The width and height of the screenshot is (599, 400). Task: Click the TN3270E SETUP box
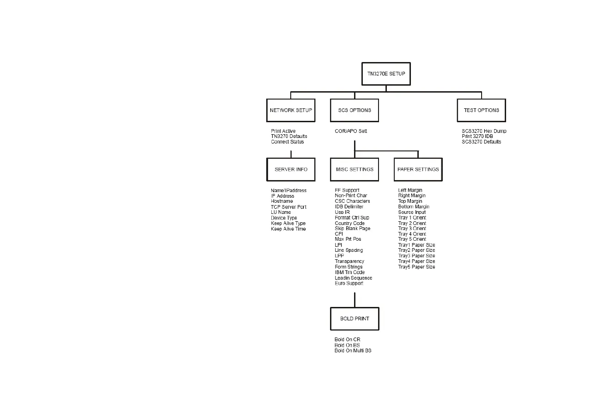coord(386,74)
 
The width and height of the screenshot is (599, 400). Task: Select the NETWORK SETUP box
coord(291,110)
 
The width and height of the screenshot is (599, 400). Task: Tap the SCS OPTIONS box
coord(355,110)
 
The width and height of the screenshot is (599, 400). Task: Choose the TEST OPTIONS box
coord(481,110)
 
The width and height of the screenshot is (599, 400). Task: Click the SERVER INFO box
coord(291,169)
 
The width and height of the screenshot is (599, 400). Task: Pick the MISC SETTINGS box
coord(354,169)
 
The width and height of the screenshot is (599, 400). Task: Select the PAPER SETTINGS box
coord(418,169)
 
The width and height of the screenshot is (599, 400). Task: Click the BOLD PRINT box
coord(355,319)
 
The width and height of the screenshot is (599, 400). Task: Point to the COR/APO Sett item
coord(351,131)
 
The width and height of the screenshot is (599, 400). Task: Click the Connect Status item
coord(287,142)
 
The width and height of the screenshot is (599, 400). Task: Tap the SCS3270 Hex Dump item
coord(484,131)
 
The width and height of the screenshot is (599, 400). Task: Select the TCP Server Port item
coord(288,207)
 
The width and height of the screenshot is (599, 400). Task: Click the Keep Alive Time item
coord(288,229)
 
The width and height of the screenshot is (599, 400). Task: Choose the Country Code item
coord(349,223)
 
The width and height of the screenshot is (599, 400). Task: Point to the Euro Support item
coord(349,283)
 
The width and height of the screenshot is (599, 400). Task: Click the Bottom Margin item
coord(414,207)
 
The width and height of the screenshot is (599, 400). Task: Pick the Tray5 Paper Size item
coord(416,267)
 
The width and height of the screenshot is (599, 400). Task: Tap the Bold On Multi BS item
coord(353,351)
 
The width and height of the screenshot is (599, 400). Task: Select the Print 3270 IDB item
coord(477,137)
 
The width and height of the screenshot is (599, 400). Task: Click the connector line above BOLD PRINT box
coord(355,299)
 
